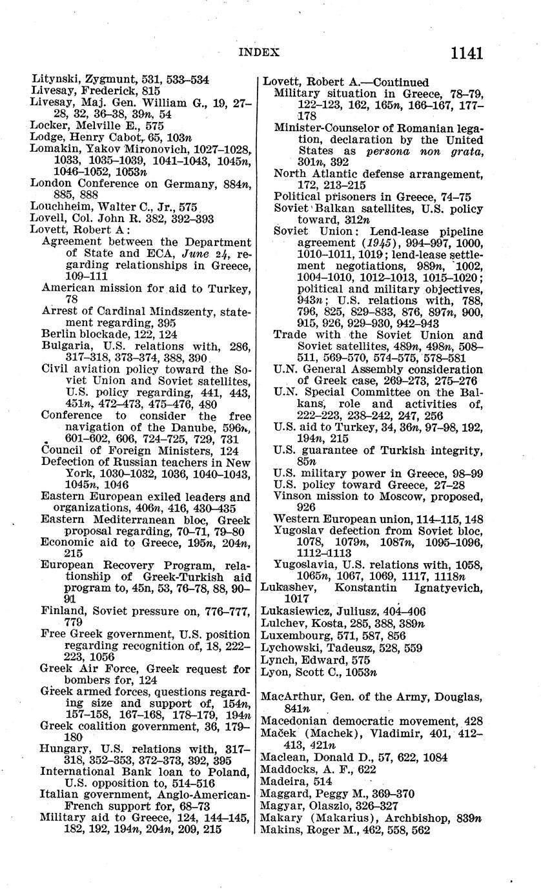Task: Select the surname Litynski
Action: (54, 80)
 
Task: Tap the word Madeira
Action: (282, 781)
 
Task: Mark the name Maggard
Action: (284, 794)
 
